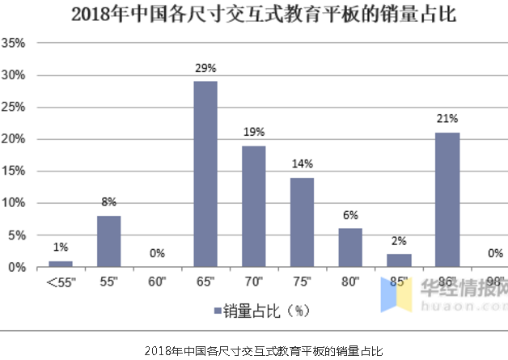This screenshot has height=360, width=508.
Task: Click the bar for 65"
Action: pos(205,174)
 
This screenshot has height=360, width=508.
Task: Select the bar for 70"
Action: pos(254,206)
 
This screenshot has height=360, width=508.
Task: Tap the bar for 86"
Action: pos(447,200)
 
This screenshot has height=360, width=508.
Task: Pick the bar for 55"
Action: pos(109,241)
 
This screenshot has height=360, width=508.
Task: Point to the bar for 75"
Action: pos(303,222)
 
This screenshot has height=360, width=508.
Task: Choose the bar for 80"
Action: pos(350,248)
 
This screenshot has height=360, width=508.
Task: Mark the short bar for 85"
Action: pos(399,260)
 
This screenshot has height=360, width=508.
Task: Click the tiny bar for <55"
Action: pos(61,263)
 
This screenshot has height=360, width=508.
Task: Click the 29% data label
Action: pos(205,68)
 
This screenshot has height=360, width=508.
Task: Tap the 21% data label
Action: pos(447,119)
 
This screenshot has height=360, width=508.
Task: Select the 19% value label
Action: pos(254,132)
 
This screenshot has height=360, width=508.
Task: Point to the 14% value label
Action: pos(303,163)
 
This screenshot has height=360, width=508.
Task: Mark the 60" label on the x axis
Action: pos(157,281)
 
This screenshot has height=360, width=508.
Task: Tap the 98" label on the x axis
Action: pos(495,281)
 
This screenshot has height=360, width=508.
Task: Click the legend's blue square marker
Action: pos(218,311)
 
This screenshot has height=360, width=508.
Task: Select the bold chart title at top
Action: pos(253,14)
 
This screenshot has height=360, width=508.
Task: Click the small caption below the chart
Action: pos(254,350)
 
